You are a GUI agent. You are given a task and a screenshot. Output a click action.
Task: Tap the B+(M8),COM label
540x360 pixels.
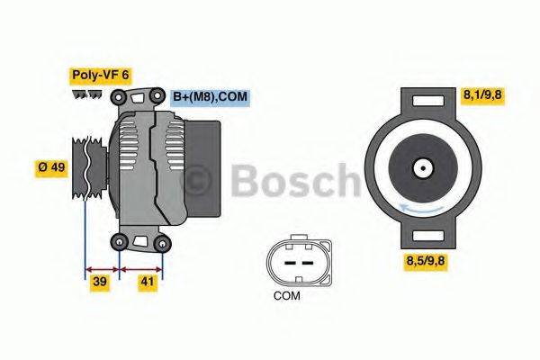point(209,96)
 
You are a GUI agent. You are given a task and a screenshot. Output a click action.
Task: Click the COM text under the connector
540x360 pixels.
point(287,295)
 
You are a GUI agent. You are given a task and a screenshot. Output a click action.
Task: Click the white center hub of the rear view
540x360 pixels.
point(421,167)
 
